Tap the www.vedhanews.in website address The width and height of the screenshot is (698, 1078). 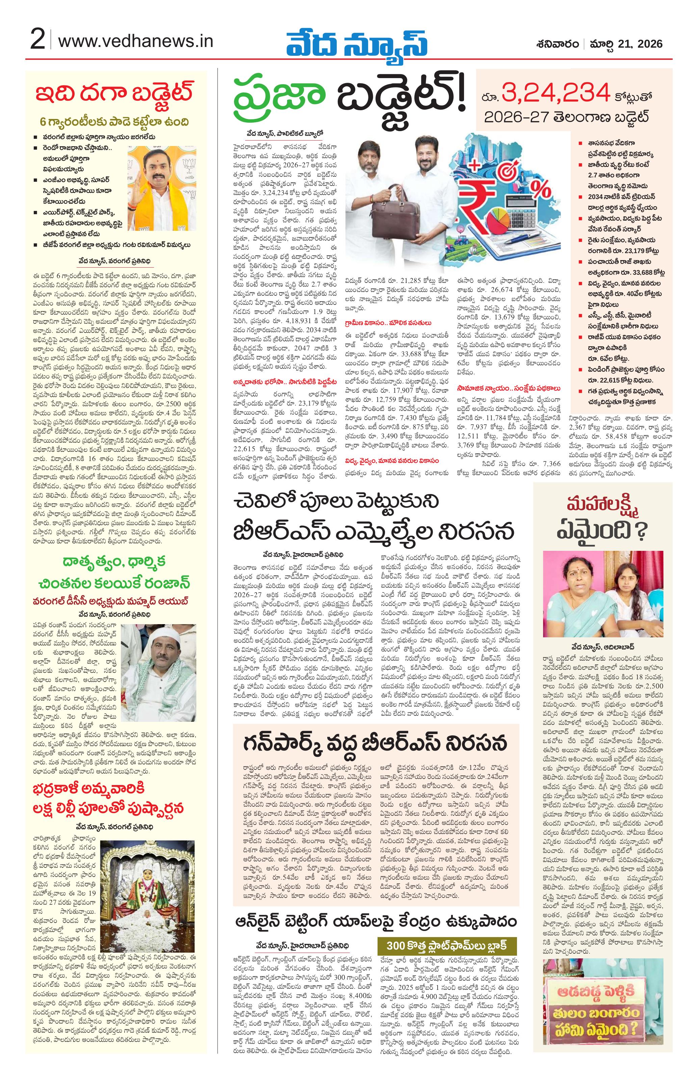point(136,42)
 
